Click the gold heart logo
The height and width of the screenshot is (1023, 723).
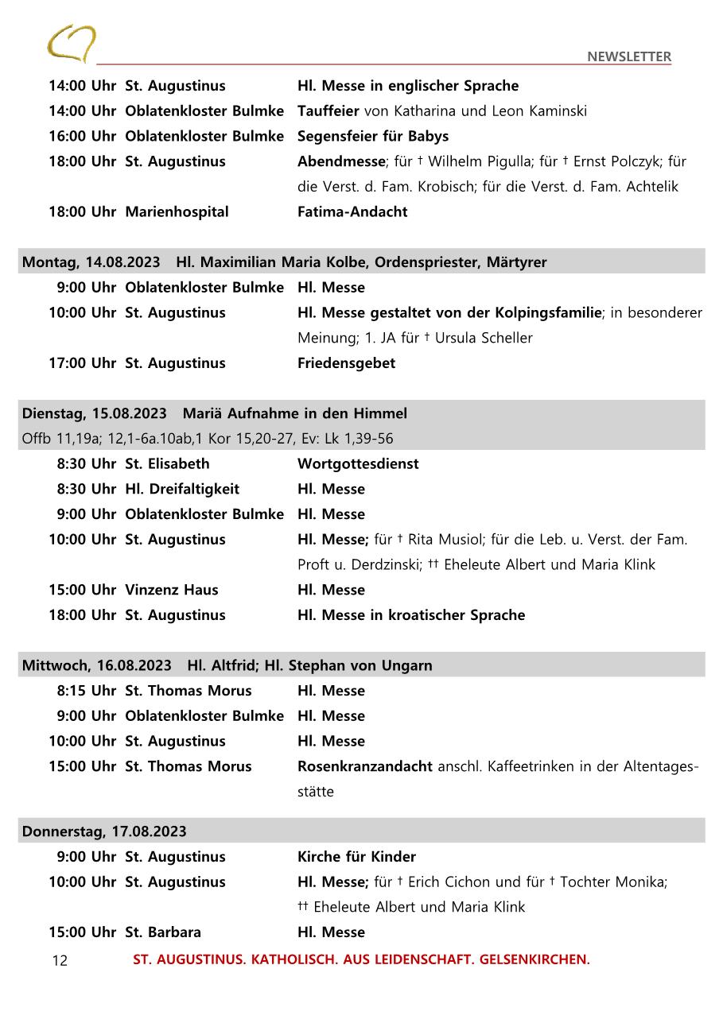[x=71, y=43]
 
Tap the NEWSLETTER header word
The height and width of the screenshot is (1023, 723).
[x=628, y=56]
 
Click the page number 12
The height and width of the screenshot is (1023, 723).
[x=60, y=961]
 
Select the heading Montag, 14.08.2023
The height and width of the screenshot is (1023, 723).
[x=91, y=262]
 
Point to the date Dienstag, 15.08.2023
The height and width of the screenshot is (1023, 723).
[x=95, y=413]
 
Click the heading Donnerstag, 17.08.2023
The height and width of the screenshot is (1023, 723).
[x=104, y=831]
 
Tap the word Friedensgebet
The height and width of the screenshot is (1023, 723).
[x=346, y=363]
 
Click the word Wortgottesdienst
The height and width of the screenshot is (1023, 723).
[x=358, y=464]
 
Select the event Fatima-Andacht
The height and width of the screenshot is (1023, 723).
[x=352, y=212]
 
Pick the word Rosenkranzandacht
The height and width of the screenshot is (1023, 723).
[x=365, y=767]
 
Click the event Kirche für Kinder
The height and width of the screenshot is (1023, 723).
[x=356, y=857]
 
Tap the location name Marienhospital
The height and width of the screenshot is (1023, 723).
[x=177, y=212]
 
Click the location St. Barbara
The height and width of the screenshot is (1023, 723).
[x=163, y=932]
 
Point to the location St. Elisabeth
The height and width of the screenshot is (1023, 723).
[x=167, y=464]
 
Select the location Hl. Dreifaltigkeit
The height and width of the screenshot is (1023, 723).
[x=182, y=490]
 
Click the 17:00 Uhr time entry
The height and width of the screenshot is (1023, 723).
[x=82, y=363]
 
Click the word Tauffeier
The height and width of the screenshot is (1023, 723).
[x=328, y=111]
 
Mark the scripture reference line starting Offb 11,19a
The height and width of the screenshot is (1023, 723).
[x=208, y=439]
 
